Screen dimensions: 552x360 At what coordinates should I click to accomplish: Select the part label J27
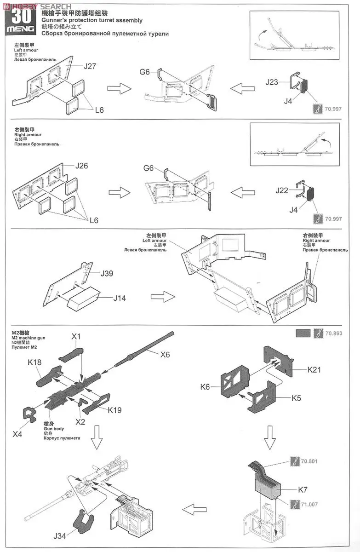[x=90, y=66]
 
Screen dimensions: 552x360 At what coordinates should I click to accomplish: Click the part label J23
[x=272, y=82]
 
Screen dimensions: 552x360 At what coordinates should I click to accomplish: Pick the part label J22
[x=282, y=190]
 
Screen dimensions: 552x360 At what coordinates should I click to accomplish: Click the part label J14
[x=120, y=298]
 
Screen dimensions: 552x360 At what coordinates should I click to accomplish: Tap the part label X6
[x=165, y=354]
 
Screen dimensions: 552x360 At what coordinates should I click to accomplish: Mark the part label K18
[x=34, y=362]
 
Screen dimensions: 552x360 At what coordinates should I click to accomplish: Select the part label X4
[x=17, y=433]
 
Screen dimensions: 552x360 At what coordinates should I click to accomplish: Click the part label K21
[x=315, y=369]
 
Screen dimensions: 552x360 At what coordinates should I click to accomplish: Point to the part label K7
[x=303, y=490]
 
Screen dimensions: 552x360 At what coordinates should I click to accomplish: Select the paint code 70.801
[x=310, y=461]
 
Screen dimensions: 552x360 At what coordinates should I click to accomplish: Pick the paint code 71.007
[x=310, y=504]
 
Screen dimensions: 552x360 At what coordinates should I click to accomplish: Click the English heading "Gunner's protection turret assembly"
[x=91, y=20]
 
